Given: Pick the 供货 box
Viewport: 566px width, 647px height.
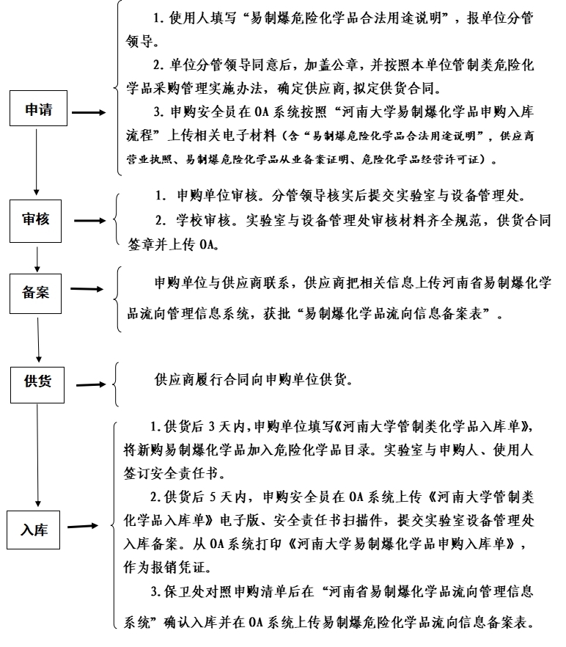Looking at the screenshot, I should [37, 382].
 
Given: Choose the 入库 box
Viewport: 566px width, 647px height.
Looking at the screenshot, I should [34, 529].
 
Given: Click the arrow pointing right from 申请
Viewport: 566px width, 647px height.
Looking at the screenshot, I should [89, 113].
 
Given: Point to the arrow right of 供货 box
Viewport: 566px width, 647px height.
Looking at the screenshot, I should [92, 384].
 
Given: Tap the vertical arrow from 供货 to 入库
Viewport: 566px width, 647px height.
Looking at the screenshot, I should [37, 451].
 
